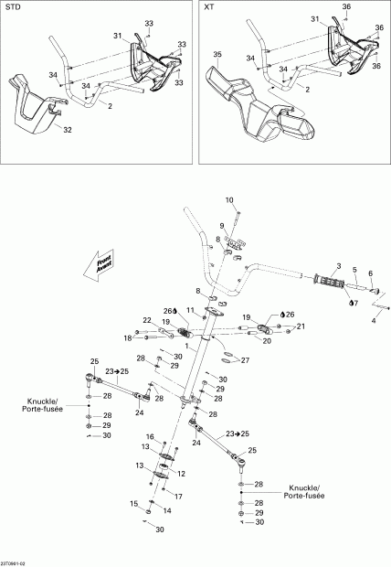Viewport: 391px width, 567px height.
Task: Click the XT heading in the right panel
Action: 209,6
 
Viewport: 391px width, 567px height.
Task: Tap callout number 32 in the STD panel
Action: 68,130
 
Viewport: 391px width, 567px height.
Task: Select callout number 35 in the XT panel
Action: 217,55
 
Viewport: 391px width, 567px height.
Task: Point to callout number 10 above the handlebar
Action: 229,199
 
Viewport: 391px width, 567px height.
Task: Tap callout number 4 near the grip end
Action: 373,321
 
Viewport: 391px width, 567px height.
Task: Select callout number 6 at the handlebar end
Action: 370,273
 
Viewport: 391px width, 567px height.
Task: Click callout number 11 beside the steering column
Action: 190,311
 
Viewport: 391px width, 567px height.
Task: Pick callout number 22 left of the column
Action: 146,319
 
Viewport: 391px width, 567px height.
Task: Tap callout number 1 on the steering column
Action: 186,347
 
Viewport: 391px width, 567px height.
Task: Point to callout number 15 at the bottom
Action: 133,503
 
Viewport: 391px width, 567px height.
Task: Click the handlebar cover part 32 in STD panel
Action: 35,105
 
